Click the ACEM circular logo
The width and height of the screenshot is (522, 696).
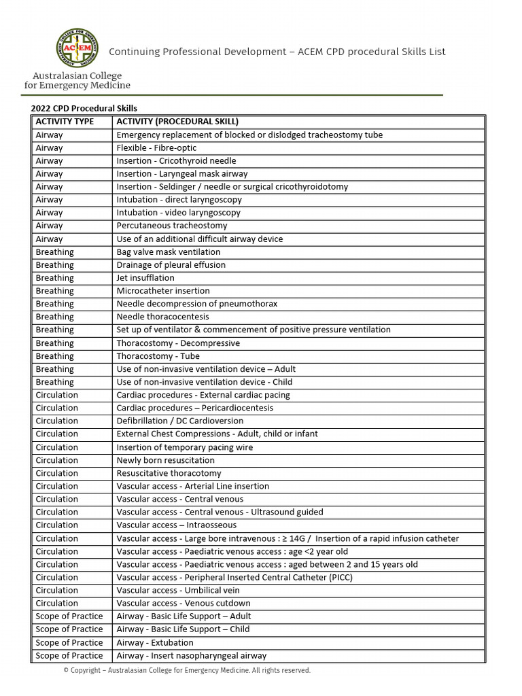click(77, 49)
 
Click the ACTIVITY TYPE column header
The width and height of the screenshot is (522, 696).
click(65, 122)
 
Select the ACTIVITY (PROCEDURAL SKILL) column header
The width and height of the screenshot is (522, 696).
click(177, 122)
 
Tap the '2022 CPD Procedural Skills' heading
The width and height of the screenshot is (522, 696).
click(84, 108)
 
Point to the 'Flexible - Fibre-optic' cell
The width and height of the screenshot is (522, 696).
click(157, 148)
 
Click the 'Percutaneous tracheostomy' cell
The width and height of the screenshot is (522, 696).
click(172, 226)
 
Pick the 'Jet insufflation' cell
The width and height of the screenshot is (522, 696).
click(145, 278)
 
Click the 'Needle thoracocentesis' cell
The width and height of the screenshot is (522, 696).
click(163, 317)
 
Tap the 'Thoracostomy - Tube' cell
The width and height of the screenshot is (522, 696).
click(158, 356)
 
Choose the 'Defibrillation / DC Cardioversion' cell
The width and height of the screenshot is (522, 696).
click(179, 421)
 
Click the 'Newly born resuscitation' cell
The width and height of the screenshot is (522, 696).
click(165, 460)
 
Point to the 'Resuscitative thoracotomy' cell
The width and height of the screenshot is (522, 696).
click(169, 473)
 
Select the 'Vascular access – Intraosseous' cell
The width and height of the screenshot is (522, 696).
click(177, 525)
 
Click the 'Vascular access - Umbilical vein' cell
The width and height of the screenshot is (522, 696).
click(179, 590)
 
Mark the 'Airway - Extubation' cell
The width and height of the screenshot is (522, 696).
click(155, 642)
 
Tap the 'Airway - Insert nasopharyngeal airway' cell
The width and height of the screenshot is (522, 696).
click(191, 656)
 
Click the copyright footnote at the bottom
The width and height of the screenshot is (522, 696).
click(187, 671)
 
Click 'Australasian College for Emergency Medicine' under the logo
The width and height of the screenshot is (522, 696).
click(77, 81)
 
